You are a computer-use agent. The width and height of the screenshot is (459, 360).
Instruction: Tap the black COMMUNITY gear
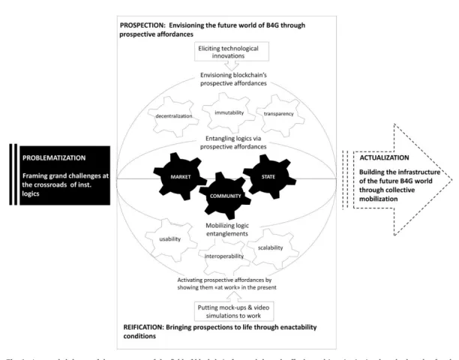coord(226,195)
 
